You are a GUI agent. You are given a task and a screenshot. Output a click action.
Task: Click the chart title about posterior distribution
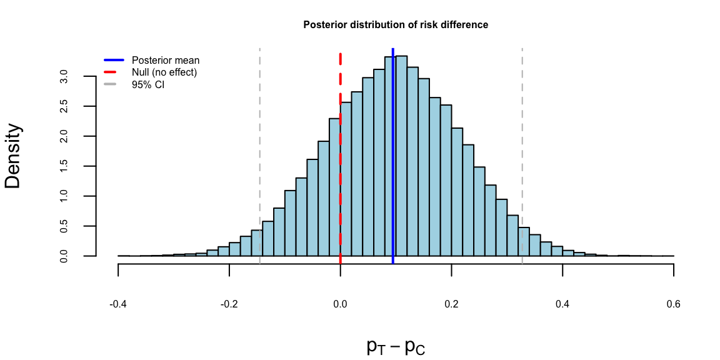[x=396, y=25]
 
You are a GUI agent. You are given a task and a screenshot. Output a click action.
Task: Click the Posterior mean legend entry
[x=166, y=61]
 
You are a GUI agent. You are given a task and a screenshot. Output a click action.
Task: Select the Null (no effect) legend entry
[x=164, y=72]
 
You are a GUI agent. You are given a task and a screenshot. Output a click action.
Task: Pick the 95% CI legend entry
[x=148, y=84]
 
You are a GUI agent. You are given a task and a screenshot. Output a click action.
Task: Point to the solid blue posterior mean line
[x=392, y=156]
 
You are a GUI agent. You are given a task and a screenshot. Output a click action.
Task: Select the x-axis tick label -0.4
[x=118, y=305]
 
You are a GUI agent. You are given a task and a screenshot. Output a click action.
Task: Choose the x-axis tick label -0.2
[x=229, y=305]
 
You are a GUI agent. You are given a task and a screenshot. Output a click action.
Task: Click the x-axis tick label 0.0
[x=341, y=305]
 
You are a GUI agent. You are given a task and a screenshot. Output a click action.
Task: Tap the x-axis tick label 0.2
[x=452, y=305]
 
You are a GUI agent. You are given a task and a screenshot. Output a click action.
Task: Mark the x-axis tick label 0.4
[x=562, y=305]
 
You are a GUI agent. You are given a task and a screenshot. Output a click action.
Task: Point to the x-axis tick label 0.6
[x=674, y=305]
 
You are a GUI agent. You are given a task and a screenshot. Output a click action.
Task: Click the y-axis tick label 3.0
[x=64, y=76]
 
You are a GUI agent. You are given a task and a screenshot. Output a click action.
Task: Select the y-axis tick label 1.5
[x=64, y=166]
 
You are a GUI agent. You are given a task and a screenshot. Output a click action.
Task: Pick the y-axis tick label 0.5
[x=64, y=226]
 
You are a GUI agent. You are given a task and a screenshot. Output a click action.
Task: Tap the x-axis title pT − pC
[x=396, y=347]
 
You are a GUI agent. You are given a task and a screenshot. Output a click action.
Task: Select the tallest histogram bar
[x=401, y=156]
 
